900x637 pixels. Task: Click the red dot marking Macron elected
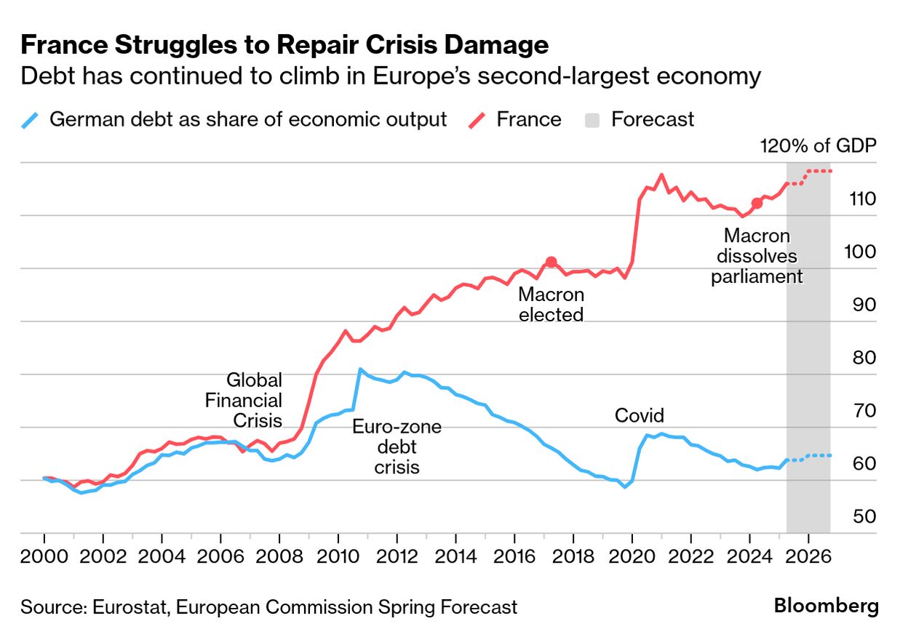tap(551, 262)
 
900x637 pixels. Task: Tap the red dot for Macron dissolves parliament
tap(757, 203)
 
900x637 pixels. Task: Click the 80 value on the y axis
tap(863, 358)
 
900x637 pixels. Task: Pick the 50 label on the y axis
tap(863, 517)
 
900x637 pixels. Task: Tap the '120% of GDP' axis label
tap(819, 145)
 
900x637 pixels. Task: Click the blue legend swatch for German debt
tap(31, 119)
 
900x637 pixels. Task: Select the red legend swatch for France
tap(479, 119)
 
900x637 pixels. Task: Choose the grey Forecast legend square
tap(593, 119)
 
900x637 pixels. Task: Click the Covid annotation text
tap(640, 415)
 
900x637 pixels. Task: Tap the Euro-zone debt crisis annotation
tap(397, 446)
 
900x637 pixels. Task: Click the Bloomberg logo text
tap(826, 606)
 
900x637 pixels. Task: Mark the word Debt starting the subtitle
tap(42, 76)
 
